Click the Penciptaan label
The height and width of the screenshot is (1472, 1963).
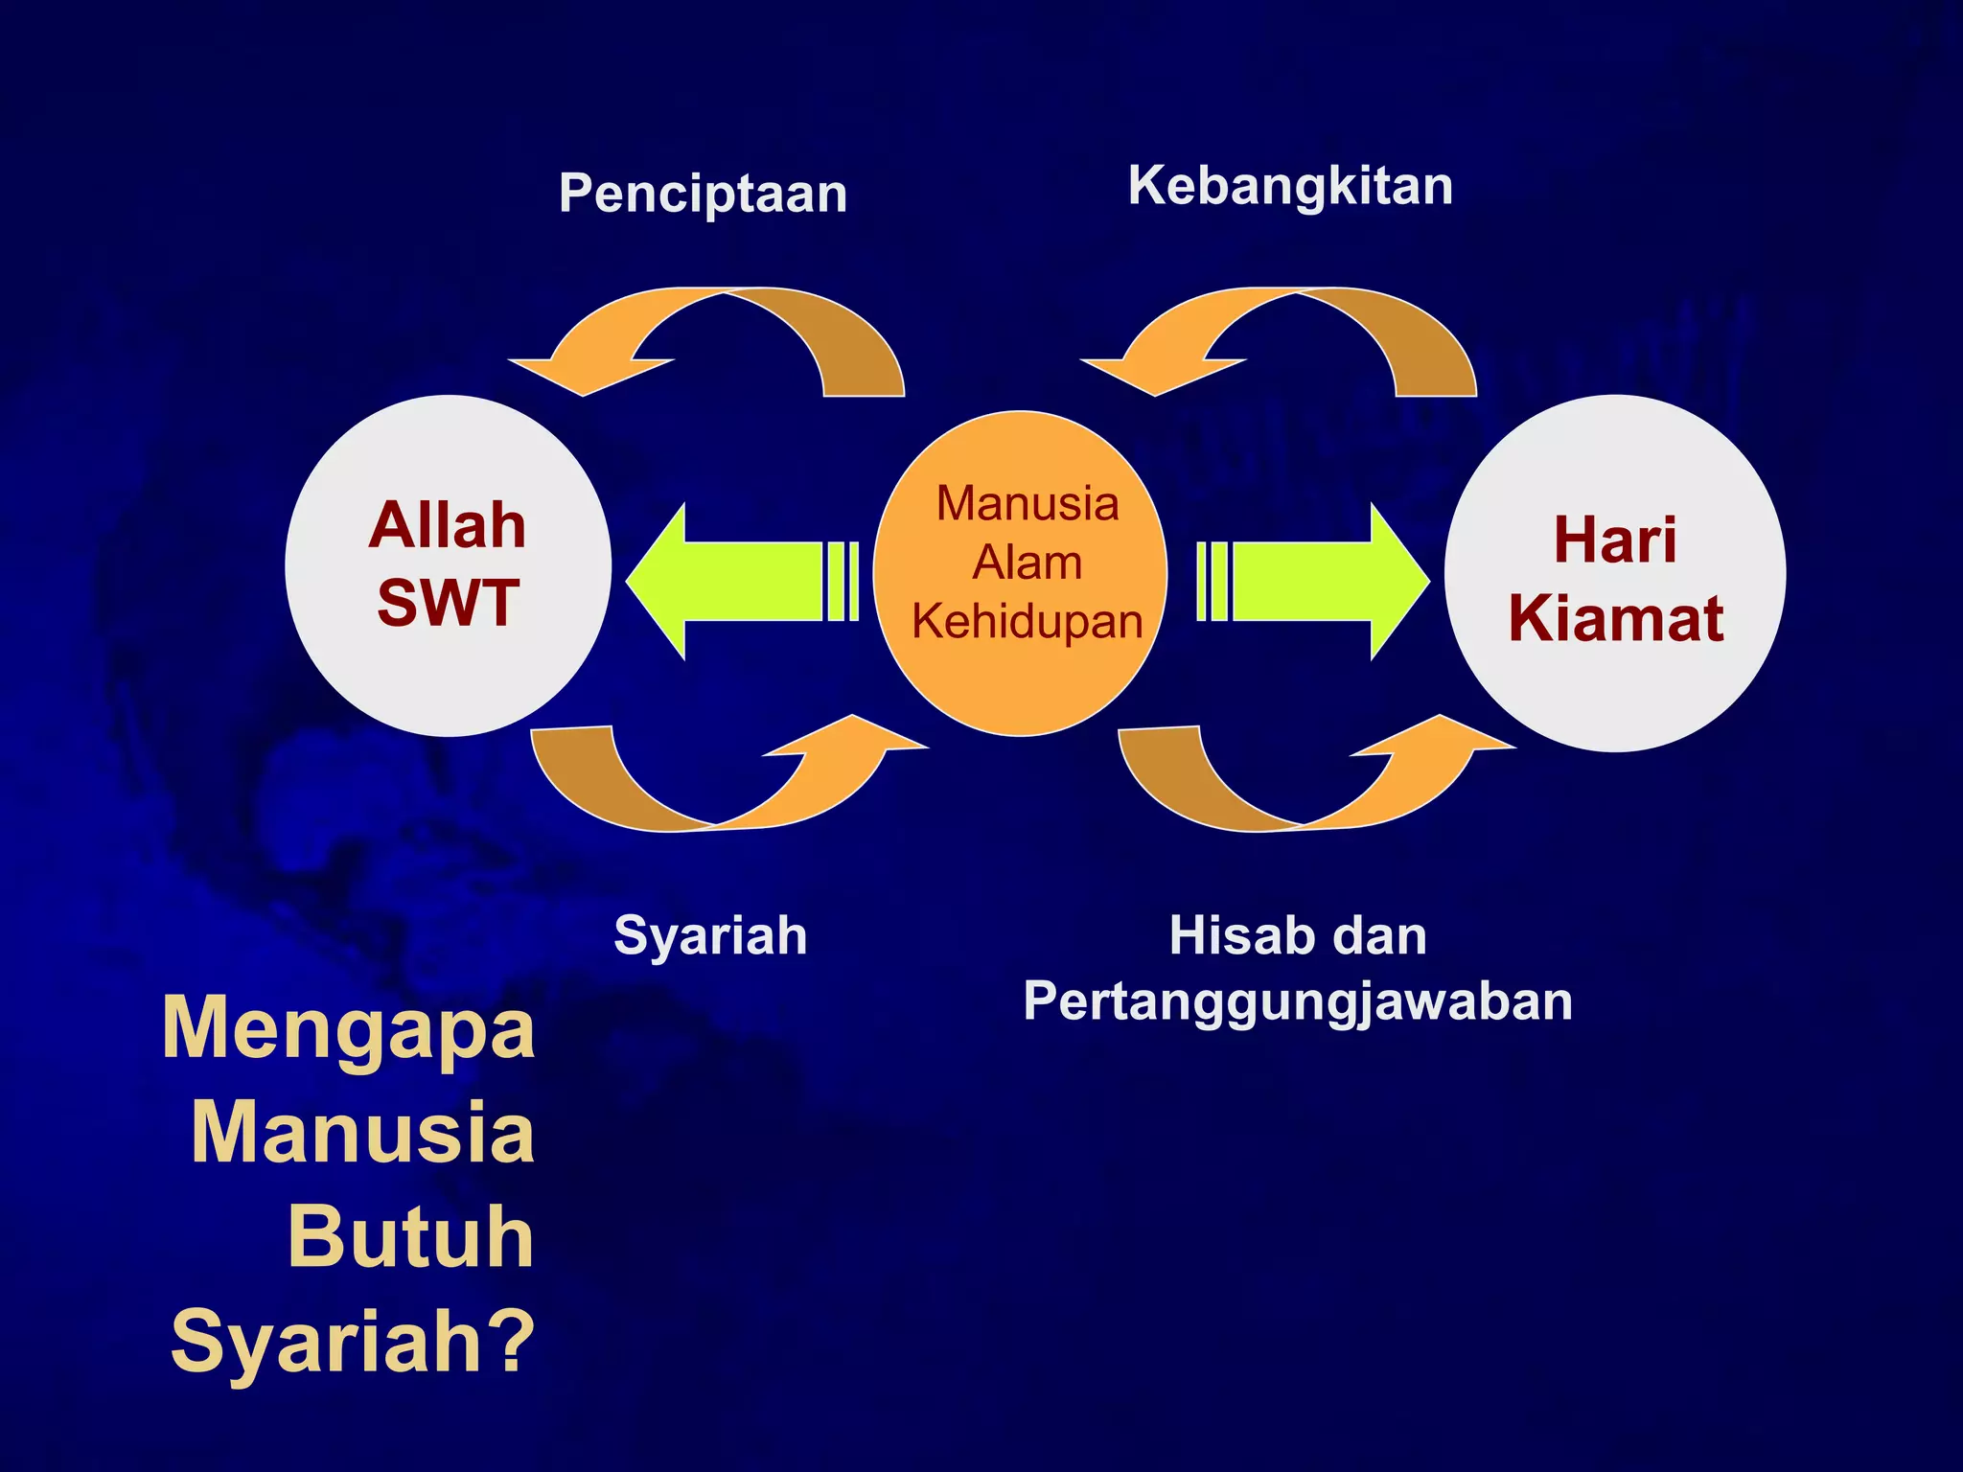[703, 195]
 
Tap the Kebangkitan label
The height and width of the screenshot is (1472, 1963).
[1290, 186]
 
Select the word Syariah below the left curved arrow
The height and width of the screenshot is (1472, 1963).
[710, 935]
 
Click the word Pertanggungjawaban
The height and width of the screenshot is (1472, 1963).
[1298, 1002]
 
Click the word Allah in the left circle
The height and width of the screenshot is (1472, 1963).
[448, 526]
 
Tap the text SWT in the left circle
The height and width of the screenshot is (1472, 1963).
[448, 604]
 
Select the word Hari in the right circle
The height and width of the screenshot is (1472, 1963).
[1615, 540]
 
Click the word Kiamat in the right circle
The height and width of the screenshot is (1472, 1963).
[1615, 619]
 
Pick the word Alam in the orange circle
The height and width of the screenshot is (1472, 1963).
[1027, 563]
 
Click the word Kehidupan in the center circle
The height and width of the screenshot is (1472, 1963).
[1027, 622]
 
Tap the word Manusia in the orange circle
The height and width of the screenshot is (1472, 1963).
[1027, 504]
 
